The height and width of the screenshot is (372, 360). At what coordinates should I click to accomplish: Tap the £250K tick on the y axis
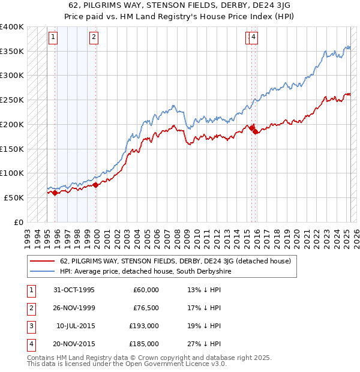pyautogui.click(x=12, y=100)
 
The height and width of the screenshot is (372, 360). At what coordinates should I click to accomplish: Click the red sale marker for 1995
pyautogui.click(x=55, y=193)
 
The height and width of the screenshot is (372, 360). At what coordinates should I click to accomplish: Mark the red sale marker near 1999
pyautogui.click(x=96, y=185)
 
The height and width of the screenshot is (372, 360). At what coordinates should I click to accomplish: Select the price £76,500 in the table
pyautogui.click(x=146, y=308)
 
